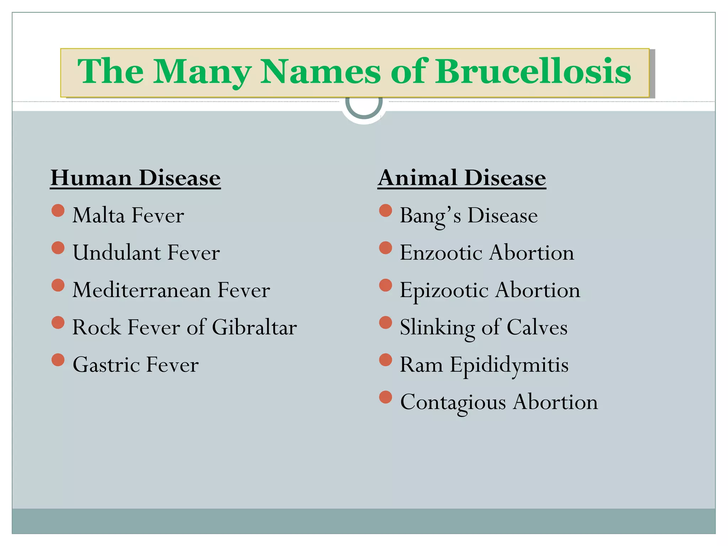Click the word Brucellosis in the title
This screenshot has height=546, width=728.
[533, 72]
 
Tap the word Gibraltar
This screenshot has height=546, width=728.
[254, 327]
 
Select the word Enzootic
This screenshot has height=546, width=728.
[441, 253]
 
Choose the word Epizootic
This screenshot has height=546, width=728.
[444, 291]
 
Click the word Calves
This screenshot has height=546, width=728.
[537, 327]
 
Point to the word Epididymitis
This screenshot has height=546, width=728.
[509, 365]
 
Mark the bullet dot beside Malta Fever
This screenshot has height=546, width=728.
[58, 210]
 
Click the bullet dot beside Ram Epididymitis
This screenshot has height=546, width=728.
[385, 360]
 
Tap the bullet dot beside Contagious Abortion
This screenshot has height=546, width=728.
[385, 397]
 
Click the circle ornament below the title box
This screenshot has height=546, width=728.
[364, 107]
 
